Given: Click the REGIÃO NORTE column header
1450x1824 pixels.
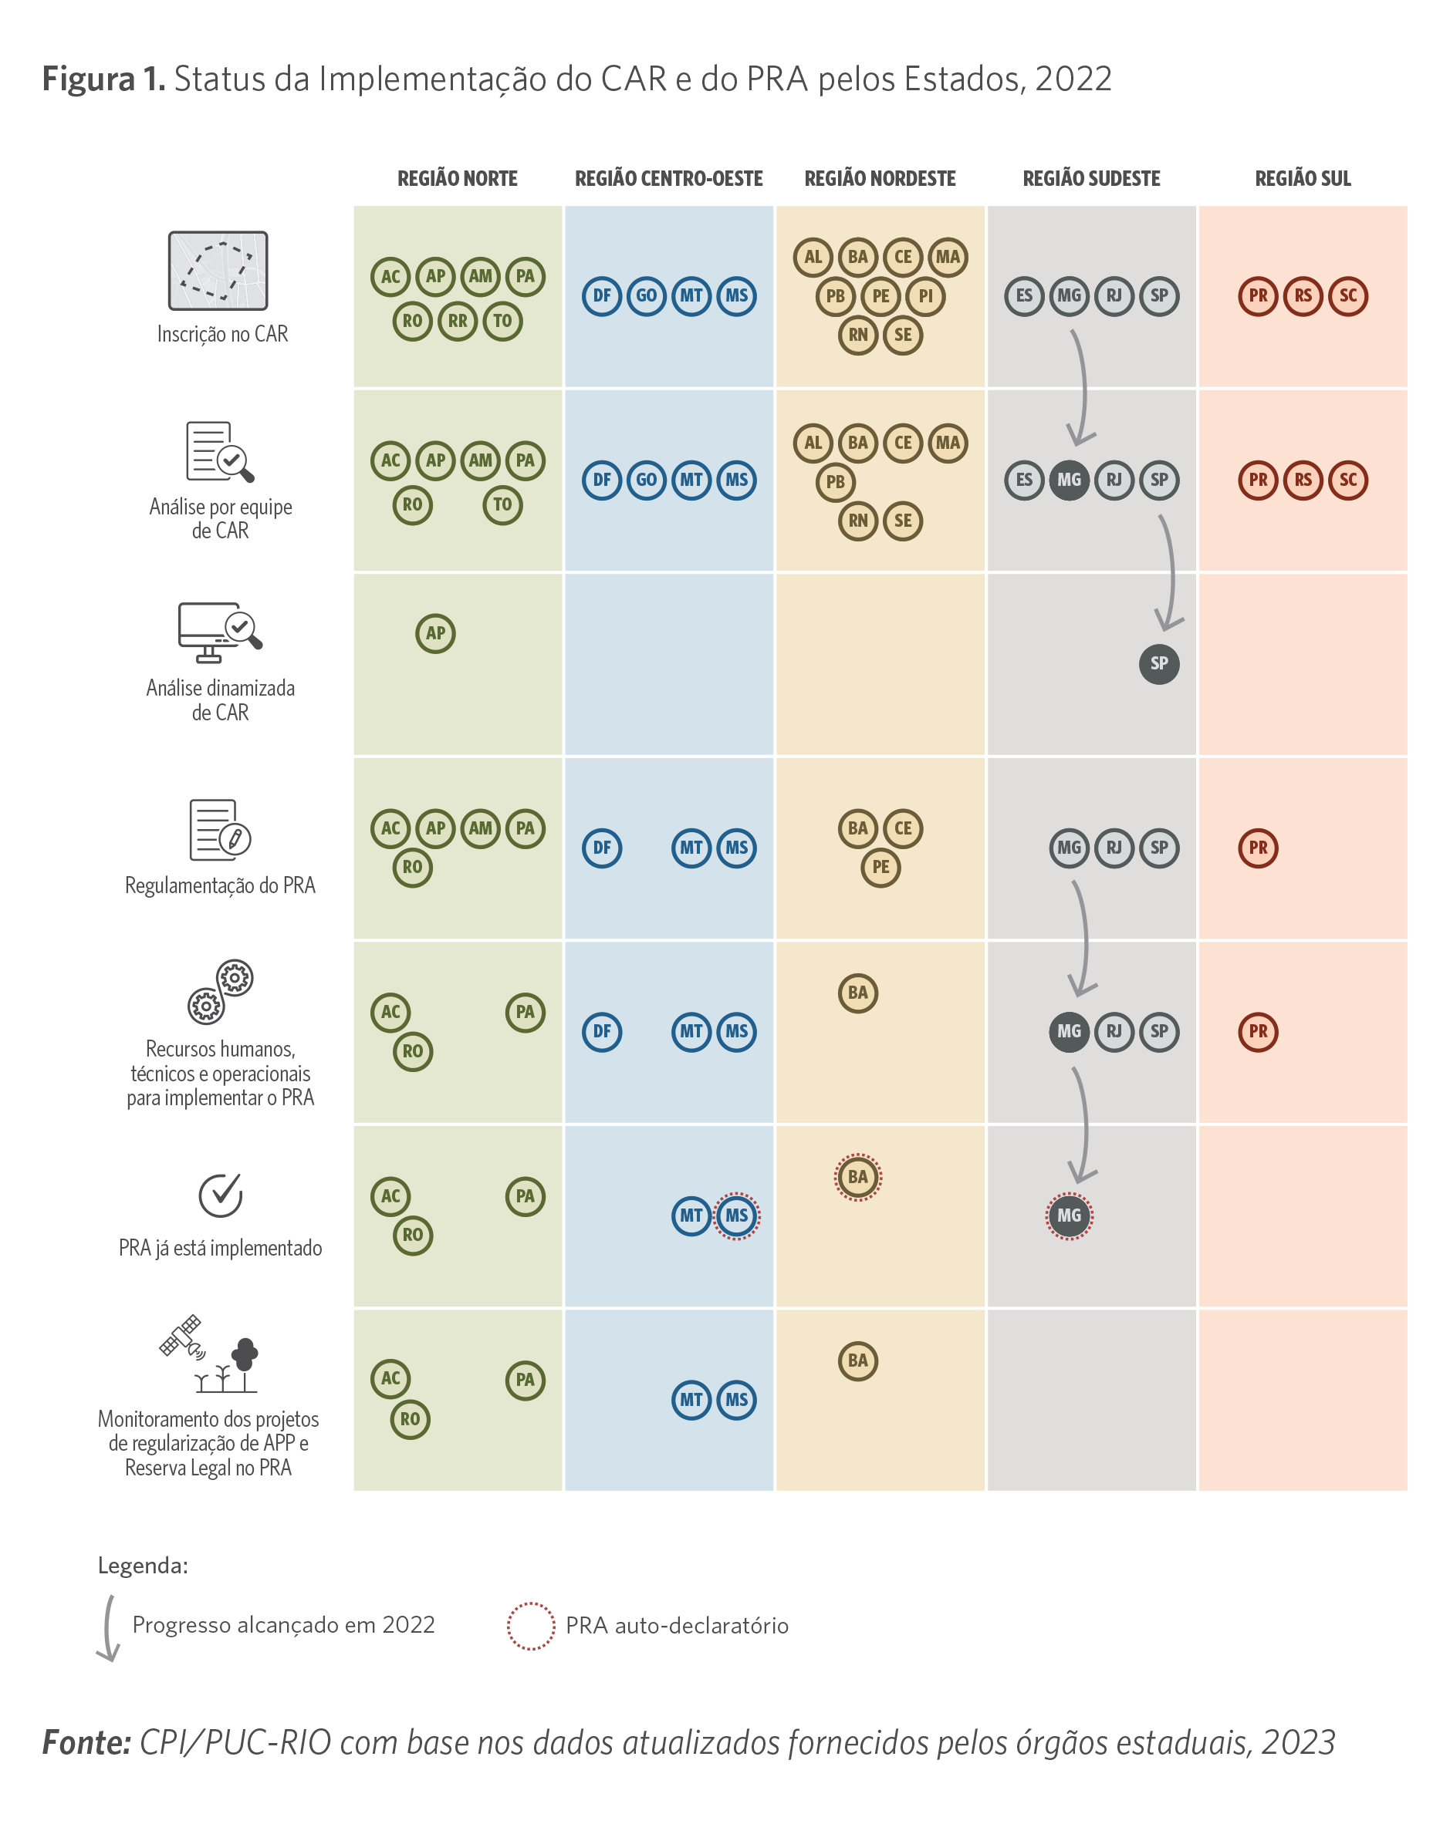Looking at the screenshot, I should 457,178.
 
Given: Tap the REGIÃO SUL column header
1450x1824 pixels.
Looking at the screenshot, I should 1302,178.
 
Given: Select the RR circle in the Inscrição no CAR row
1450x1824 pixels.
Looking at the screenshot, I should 457,322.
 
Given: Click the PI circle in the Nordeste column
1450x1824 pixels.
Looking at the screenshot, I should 925,296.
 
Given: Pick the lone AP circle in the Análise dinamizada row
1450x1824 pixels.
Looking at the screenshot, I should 435,633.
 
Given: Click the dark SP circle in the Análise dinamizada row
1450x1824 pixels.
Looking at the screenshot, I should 1159,663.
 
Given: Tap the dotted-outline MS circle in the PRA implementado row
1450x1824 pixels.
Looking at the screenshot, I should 736,1215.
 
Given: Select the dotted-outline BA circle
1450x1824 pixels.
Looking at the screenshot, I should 857,1177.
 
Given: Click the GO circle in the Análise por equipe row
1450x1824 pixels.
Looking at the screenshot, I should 646,480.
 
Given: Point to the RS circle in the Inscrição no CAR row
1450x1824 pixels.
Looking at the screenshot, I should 1303,296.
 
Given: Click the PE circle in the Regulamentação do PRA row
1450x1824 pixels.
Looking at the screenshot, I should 880,867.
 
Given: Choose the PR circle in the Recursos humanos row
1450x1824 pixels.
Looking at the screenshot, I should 1258,1031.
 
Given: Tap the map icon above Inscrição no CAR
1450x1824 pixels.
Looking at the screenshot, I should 218,271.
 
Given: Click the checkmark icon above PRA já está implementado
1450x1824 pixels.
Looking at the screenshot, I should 221,1195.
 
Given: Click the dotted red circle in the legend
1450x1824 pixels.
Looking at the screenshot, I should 531,1625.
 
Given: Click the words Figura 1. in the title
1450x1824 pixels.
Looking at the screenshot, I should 103,79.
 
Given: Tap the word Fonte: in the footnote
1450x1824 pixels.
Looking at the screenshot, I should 86,1743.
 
